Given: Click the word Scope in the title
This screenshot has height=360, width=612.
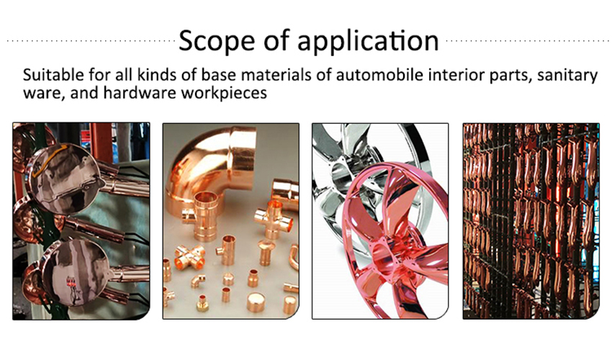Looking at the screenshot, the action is (217, 40).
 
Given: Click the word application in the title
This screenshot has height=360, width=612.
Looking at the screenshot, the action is (368, 41).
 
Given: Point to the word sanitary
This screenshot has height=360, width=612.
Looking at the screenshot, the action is (567, 75).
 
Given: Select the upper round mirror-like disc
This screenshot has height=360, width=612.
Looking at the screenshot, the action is (64, 178).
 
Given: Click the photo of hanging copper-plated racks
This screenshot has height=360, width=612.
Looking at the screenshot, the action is (531, 221).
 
